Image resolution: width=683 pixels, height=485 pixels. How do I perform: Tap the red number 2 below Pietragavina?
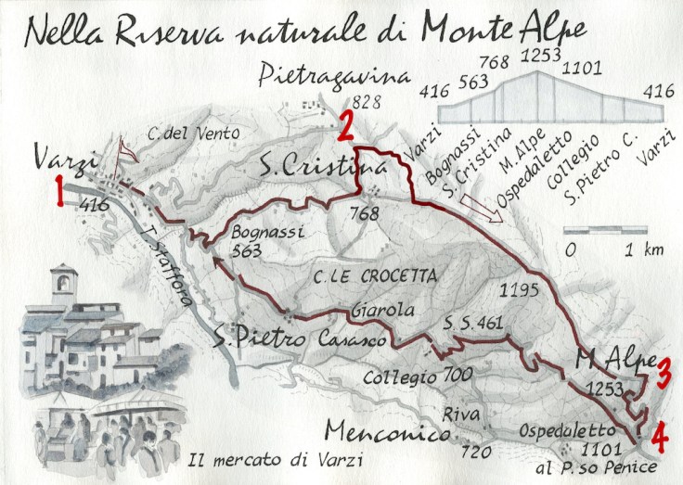click(x=344, y=125)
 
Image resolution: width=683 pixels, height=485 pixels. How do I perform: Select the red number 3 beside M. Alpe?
click(x=664, y=373)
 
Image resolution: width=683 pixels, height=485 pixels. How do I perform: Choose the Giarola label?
click(x=381, y=312)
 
